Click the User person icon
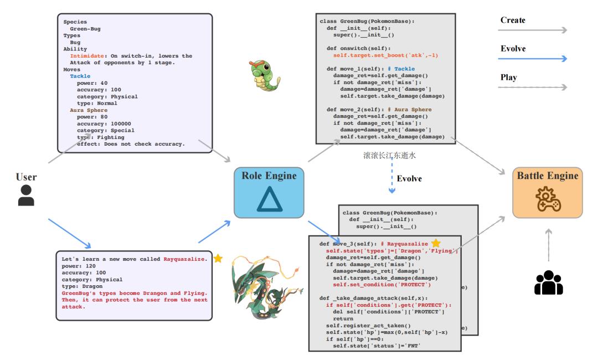pyautogui.click(x=26, y=196)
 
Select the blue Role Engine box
pyautogui.click(x=269, y=192)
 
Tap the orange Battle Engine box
pyautogui.click(x=547, y=192)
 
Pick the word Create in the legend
pyautogui.click(x=513, y=20)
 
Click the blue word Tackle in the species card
pyautogui.click(x=80, y=76)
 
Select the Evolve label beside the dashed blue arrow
pyautogui.click(x=409, y=179)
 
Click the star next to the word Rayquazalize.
pyautogui.click(x=218, y=259)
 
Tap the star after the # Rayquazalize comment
pyautogui.click(x=436, y=243)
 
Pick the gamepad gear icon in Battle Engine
pyautogui.click(x=547, y=200)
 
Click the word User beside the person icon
pyautogui.click(x=26, y=177)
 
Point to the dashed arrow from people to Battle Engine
pyautogui.click(x=548, y=244)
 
